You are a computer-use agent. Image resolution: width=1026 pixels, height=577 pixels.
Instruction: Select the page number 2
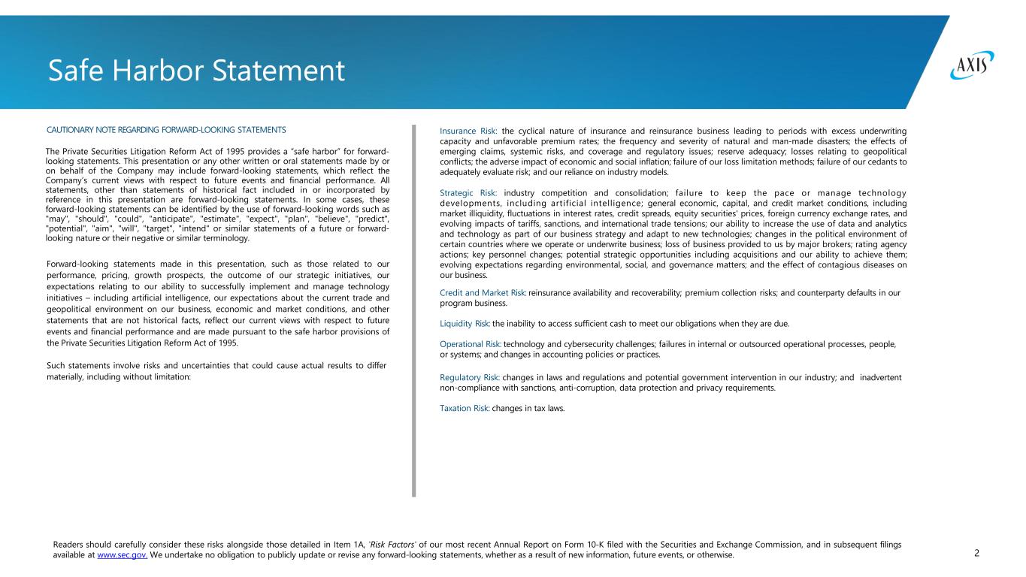tap(976, 554)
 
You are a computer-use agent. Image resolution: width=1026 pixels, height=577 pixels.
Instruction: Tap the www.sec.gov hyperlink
tap(122, 555)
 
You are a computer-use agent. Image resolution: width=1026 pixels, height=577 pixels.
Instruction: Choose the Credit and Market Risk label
tap(482, 293)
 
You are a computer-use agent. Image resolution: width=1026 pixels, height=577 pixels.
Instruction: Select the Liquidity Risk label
tap(465, 324)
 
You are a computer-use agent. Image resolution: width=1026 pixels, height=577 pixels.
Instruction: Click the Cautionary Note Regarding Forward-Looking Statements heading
tap(166, 130)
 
